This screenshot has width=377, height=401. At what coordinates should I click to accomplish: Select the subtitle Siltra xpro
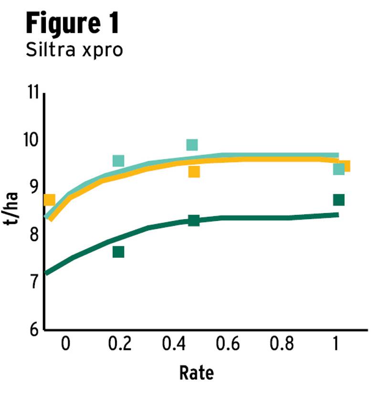(74, 50)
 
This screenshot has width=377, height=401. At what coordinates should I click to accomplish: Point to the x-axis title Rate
(196, 373)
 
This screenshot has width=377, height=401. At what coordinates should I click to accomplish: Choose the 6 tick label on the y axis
(32, 329)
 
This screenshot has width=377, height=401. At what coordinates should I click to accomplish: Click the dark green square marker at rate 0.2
(118, 252)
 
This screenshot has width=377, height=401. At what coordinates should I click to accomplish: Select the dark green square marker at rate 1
(339, 200)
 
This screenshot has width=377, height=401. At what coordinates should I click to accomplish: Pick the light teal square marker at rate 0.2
(118, 161)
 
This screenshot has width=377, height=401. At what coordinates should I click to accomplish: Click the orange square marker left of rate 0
(50, 200)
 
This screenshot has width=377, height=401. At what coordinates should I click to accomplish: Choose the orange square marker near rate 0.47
(194, 172)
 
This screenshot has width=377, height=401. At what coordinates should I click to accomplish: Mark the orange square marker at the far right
(345, 166)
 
